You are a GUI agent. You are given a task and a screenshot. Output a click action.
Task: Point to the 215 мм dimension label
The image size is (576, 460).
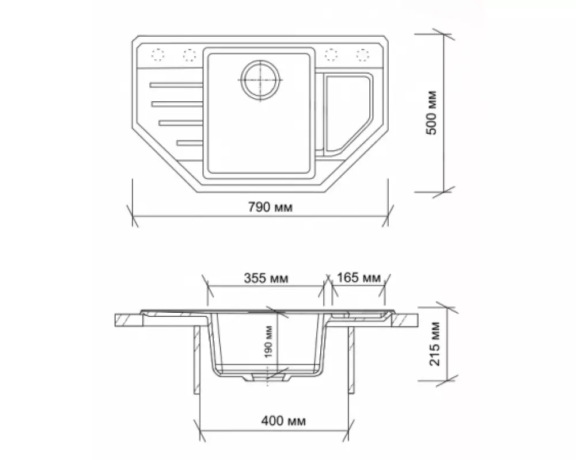(x=435, y=344)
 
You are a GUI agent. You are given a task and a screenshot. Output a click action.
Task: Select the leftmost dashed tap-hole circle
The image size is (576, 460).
(x=157, y=55)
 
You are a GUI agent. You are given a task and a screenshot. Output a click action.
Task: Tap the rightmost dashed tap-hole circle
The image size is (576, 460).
(x=362, y=55)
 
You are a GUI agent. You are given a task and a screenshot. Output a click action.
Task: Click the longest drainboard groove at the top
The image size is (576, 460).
(x=176, y=85)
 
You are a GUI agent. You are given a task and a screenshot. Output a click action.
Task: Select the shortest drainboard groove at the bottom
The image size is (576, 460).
(x=191, y=141)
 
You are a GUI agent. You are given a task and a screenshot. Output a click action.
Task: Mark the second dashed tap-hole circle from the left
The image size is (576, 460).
(x=189, y=55)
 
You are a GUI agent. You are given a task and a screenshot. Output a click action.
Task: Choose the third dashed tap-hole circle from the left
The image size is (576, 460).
(x=331, y=55)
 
